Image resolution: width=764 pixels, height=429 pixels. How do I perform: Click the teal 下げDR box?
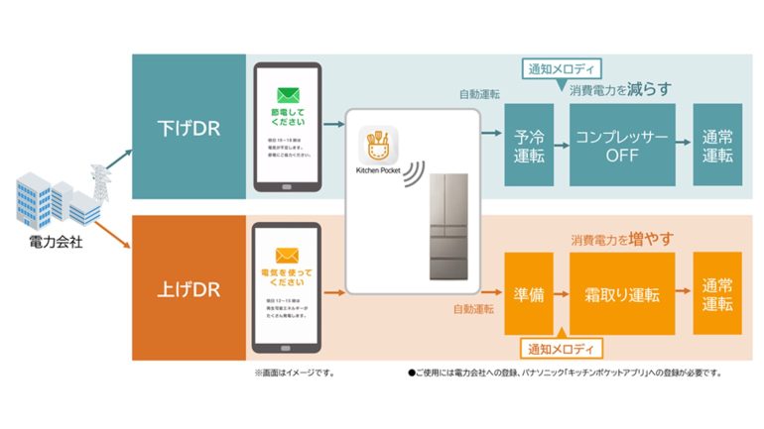click(x=189, y=130)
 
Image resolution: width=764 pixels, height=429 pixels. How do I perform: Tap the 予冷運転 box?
click(x=528, y=145)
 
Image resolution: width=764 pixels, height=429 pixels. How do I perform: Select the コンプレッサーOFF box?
click(x=621, y=145)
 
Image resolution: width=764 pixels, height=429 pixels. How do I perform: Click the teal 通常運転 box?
click(x=716, y=145)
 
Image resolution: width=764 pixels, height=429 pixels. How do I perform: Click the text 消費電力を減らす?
click(x=621, y=89)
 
